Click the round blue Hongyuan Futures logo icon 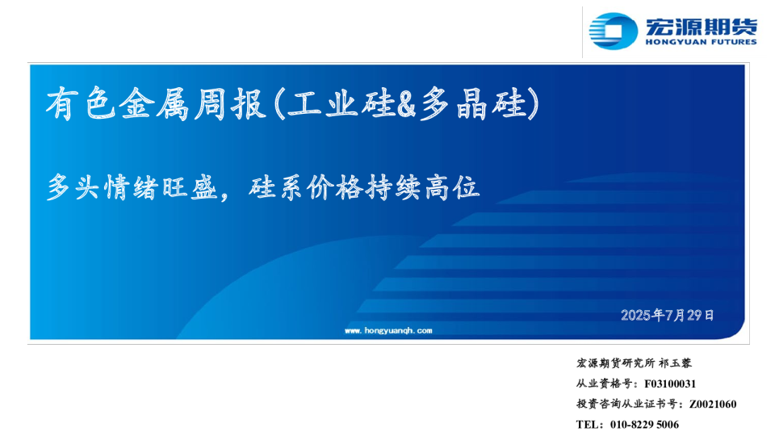pyautogui.click(x=614, y=31)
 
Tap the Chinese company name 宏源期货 pyautogui.click(x=702, y=27)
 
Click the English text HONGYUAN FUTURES pyautogui.click(x=702, y=42)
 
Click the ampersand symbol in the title pyautogui.click(x=406, y=104)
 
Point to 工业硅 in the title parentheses pyautogui.click(x=341, y=103)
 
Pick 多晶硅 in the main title pyautogui.click(x=472, y=103)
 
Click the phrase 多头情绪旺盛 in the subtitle pyautogui.click(x=132, y=187)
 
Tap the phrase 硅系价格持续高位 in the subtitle pyautogui.click(x=364, y=187)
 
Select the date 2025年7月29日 pyautogui.click(x=668, y=315)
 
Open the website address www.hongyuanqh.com pyautogui.click(x=388, y=331)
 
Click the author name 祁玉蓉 pyautogui.click(x=676, y=363)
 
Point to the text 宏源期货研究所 pyautogui.click(x=615, y=363)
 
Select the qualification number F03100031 pyautogui.click(x=670, y=384)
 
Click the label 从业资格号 pyautogui.click(x=604, y=384)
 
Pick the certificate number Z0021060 pyautogui.click(x=713, y=404)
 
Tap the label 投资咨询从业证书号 pyautogui.click(x=626, y=404)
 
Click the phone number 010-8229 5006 pyautogui.click(x=644, y=425)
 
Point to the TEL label pyautogui.click(x=587, y=425)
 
